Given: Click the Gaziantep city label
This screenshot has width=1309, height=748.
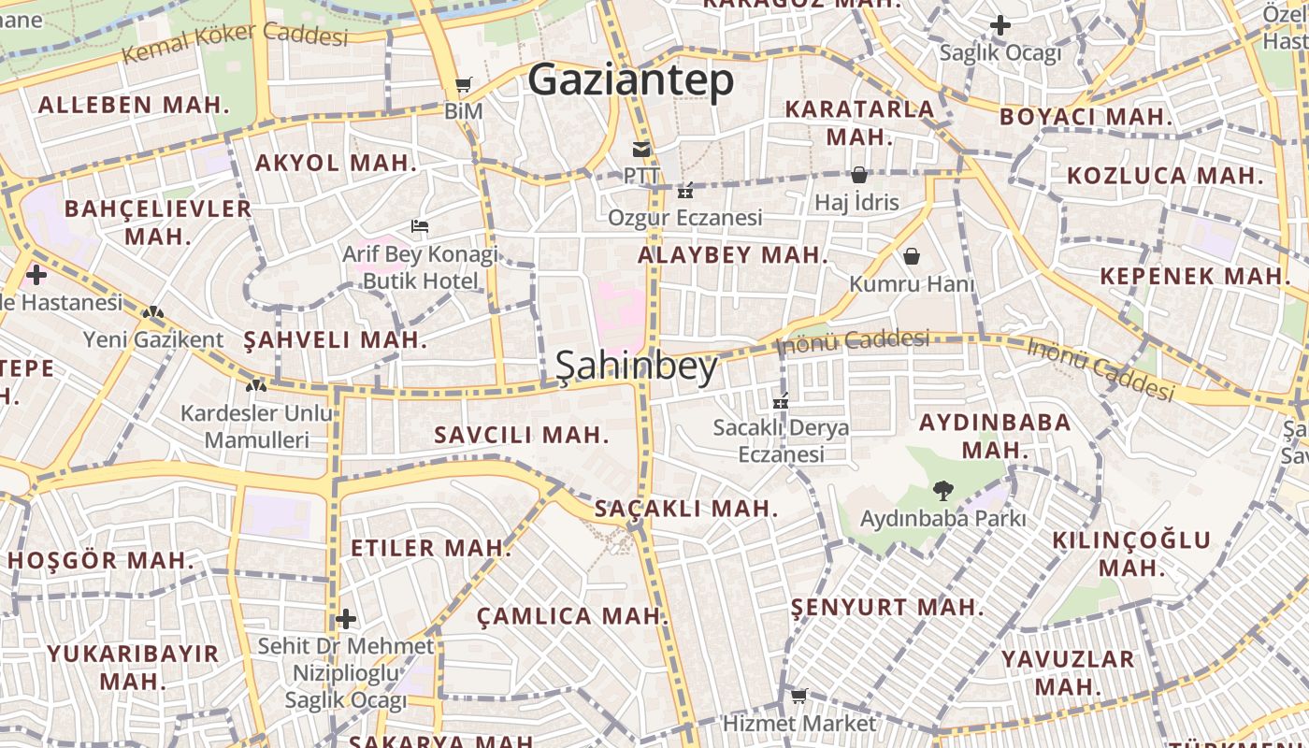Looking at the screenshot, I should click(x=631, y=80).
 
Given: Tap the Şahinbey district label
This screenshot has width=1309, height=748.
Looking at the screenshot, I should click(x=637, y=367).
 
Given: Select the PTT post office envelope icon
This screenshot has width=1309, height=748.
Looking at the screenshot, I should click(x=641, y=150).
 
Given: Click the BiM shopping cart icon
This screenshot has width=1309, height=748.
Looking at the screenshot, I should click(x=464, y=85).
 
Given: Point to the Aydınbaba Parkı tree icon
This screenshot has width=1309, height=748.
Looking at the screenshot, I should click(x=942, y=490).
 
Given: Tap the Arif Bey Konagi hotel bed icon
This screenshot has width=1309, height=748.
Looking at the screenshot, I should click(x=420, y=226).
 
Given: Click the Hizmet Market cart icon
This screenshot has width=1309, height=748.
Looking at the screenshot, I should click(x=798, y=696).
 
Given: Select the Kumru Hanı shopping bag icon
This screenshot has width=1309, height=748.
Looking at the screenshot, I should click(x=912, y=256).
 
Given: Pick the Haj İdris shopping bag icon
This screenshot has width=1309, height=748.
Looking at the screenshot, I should click(x=858, y=175).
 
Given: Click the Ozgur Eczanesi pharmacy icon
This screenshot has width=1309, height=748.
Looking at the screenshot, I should click(x=685, y=191).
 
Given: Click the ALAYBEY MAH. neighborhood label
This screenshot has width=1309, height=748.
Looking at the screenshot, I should click(x=733, y=255).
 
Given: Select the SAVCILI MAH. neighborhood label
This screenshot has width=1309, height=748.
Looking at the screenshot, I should click(x=522, y=435).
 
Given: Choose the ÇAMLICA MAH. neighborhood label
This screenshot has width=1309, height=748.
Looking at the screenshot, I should click(x=572, y=616).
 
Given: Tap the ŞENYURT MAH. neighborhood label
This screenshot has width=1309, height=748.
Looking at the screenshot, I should click(x=887, y=608).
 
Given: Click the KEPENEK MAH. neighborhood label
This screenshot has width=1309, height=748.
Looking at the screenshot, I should click(x=1195, y=277).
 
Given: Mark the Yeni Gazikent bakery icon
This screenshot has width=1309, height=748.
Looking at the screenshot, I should click(x=153, y=312).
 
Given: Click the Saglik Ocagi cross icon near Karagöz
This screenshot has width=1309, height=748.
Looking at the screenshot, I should click(x=1000, y=25).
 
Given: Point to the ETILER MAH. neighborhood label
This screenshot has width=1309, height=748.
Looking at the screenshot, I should click(x=431, y=548).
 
